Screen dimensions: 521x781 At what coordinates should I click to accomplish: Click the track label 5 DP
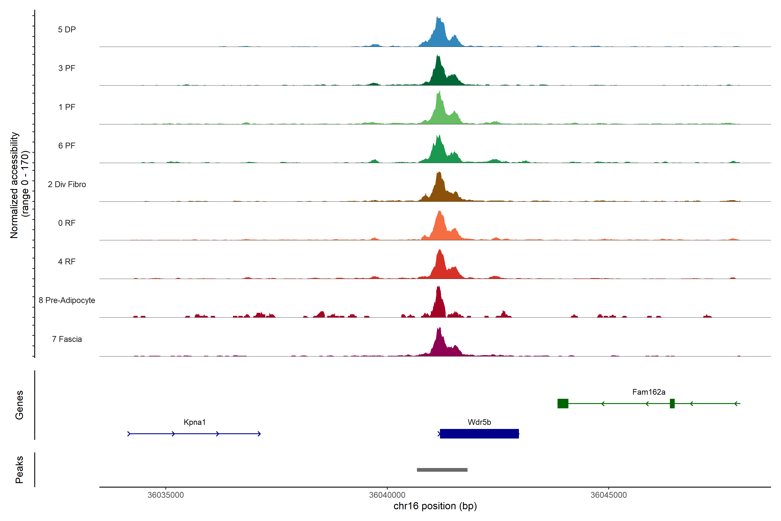[x=67, y=30]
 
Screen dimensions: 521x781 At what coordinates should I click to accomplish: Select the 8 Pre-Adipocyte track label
[x=67, y=300]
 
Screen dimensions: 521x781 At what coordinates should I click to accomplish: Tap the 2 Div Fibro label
[x=67, y=184]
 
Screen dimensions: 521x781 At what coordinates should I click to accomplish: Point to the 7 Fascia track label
[x=67, y=339]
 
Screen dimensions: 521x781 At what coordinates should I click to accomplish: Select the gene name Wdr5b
[x=479, y=422]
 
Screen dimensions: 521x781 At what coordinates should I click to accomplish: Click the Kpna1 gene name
[x=195, y=422]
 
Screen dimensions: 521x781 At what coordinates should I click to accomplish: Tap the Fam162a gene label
[x=648, y=392]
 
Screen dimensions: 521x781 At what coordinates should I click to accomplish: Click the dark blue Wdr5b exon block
[x=479, y=434]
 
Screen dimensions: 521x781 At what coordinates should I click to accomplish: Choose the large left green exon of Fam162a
[x=563, y=403]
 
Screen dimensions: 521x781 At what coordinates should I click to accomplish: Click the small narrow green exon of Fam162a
[x=672, y=403]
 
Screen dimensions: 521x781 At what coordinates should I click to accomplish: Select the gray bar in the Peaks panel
[x=442, y=470]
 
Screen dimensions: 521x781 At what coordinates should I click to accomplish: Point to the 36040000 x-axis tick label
[x=387, y=495]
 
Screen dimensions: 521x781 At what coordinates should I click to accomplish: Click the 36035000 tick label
[x=166, y=495]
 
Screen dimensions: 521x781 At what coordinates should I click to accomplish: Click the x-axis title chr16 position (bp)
[x=435, y=506]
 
